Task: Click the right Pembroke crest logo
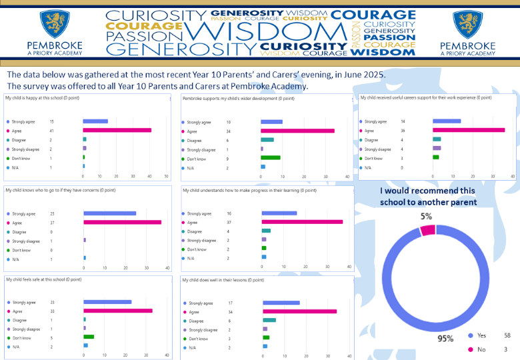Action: [x=467, y=24]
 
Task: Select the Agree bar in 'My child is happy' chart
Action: [x=117, y=131]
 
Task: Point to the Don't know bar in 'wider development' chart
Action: [x=271, y=158]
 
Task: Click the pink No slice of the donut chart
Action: [x=427, y=230]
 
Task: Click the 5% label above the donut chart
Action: [x=426, y=216]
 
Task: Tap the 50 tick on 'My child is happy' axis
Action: [x=166, y=177]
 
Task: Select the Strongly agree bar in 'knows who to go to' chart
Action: [x=109, y=213]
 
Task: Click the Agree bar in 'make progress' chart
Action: [x=302, y=222]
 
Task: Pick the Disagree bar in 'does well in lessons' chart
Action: [x=269, y=320]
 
